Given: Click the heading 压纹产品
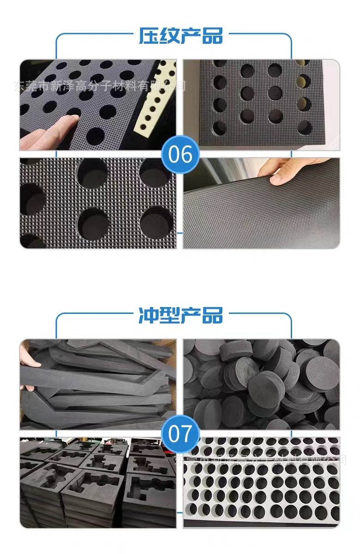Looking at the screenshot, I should (180, 36).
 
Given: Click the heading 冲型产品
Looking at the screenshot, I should (180, 315).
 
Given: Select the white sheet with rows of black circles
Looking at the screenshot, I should (261, 482).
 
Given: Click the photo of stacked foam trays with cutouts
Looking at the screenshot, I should (97, 482).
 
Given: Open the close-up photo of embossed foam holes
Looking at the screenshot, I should (97, 203).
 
